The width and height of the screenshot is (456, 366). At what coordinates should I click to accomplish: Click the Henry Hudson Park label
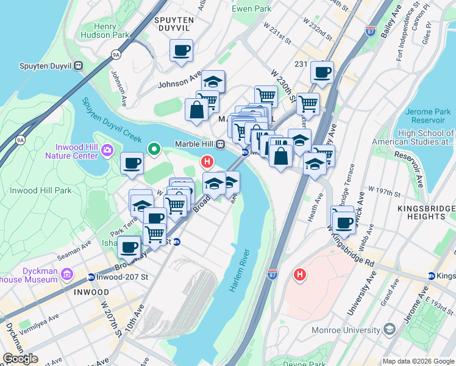pos(113,30)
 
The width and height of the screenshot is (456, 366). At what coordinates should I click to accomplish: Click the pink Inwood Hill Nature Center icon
pos(107,149)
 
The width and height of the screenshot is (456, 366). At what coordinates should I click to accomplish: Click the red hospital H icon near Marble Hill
pos(207,162)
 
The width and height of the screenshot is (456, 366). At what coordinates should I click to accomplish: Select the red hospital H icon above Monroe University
pos(299,275)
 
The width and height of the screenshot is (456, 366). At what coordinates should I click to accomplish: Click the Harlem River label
pos(239,270)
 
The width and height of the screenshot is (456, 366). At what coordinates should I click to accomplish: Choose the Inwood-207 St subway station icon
pos(91,277)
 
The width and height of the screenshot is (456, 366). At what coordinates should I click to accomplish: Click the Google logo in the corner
pos(20,359)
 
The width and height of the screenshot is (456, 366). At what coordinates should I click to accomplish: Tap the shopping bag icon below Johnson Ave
pos(196,110)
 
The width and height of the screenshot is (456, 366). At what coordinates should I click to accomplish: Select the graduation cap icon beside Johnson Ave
pos(213,82)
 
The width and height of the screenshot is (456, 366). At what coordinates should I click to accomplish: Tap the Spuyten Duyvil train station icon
pos(78,65)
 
